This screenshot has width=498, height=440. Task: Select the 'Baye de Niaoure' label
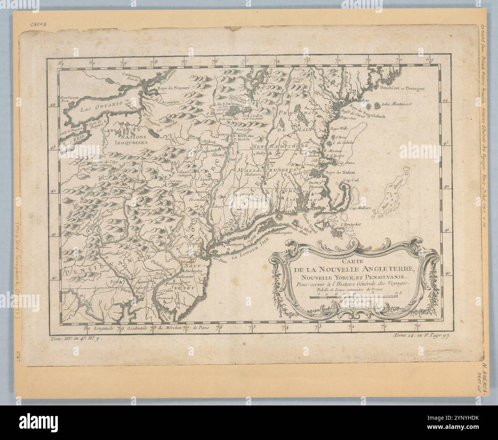point(174,89)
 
